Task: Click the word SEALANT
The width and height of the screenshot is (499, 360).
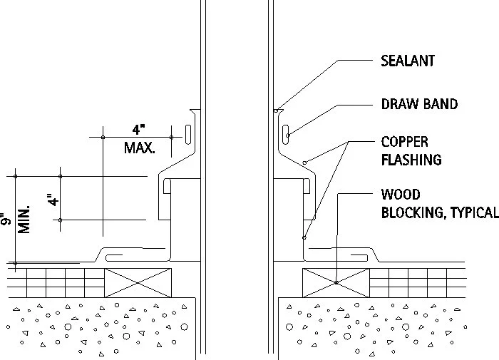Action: click(x=408, y=61)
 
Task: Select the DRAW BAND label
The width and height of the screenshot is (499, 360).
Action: click(x=419, y=104)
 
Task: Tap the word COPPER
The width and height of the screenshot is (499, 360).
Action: click(x=405, y=142)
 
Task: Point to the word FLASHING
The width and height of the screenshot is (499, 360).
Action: click(x=411, y=160)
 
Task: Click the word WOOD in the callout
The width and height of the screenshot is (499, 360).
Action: click(x=401, y=195)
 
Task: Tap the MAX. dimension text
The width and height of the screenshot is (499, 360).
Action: click(x=139, y=148)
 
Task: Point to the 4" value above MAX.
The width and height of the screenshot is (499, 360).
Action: click(x=138, y=130)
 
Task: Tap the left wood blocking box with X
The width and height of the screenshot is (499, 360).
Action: click(x=138, y=282)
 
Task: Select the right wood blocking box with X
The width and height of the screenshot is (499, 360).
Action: click(x=335, y=282)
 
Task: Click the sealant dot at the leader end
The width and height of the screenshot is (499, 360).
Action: click(x=276, y=110)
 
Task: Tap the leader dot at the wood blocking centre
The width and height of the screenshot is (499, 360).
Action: click(x=335, y=282)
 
